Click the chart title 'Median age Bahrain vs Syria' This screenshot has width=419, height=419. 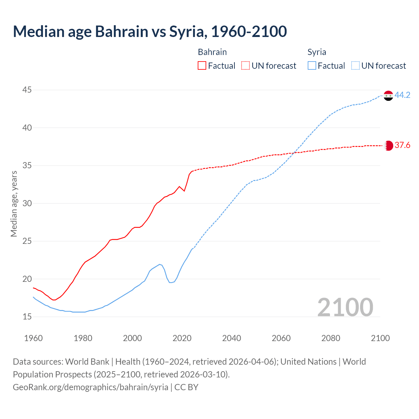click(150, 31)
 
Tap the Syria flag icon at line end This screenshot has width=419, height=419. click(388, 96)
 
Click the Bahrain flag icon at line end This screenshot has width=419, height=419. click(388, 145)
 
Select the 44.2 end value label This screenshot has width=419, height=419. click(402, 95)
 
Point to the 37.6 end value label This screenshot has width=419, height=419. click(402, 145)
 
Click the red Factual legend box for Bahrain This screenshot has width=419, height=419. click(202, 66)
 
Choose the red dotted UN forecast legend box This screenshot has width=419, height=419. click(246, 66)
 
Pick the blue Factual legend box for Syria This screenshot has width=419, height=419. click(312, 66)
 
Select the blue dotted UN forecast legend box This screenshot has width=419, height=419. click(355, 66)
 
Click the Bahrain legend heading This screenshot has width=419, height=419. click(212, 52)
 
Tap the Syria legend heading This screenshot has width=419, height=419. click(317, 52)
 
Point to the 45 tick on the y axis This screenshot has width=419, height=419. click(27, 90)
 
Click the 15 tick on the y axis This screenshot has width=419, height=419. click(27, 317)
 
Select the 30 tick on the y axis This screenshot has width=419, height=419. click(27, 204)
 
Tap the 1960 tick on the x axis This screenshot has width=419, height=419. click(33, 338)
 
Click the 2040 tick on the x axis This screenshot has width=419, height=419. click(231, 338)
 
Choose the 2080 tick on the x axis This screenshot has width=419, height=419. click(331, 338)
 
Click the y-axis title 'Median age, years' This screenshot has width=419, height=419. click(14, 204)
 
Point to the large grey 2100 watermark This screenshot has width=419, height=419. click(345, 307)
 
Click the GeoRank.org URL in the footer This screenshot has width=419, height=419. click(90, 387)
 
